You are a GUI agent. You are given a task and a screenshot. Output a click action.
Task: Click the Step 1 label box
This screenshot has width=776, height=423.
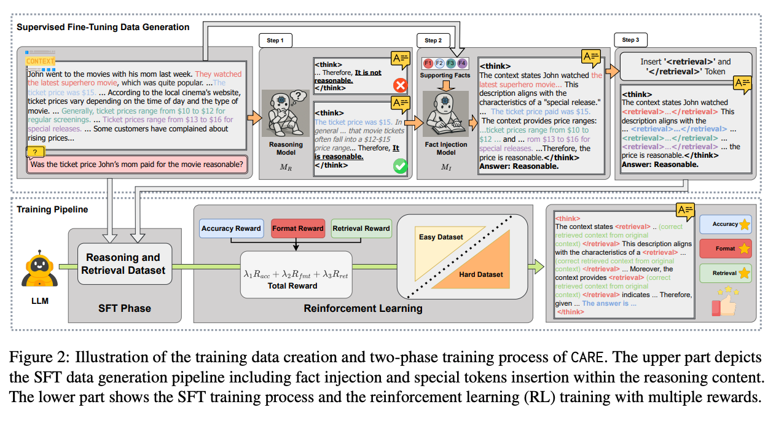[x=275, y=41]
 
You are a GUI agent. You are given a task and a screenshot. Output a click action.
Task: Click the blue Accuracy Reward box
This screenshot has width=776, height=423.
[x=231, y=228]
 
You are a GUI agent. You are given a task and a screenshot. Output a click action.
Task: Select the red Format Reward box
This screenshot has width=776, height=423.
[x=297, y=228]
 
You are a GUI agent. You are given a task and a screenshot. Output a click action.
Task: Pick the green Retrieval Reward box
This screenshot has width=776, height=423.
[x=361, y=228]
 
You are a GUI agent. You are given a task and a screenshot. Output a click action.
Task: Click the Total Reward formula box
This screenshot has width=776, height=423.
[x=296, y=274]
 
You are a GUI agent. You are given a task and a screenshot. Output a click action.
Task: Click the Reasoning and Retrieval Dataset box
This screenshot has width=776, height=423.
[x=123, y=263]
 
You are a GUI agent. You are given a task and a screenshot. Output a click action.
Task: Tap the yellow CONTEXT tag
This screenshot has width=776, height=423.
[x=41, y=61]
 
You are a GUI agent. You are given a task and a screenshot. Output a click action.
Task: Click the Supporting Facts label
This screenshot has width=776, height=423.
[x=445, y=76]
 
